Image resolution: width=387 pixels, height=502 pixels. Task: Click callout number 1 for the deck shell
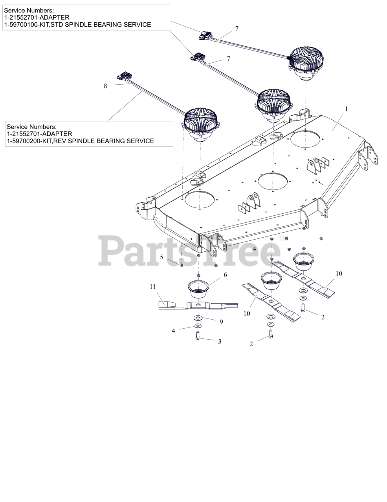tap(346, 108)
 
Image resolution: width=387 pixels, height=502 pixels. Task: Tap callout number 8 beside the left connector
tap(105, 86)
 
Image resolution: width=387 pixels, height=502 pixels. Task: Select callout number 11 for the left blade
tap(153, 287)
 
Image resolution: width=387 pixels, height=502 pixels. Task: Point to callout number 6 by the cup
tap(225, 275)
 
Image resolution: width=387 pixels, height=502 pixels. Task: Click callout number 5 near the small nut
tap(161, 257)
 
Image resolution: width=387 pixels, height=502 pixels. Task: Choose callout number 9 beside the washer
tap(221, 322)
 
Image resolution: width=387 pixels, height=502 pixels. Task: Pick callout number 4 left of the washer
tap(173, 331)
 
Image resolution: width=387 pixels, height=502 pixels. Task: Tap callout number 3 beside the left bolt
tap(220, 342)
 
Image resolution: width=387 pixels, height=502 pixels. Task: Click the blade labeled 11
tap(198, 305)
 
